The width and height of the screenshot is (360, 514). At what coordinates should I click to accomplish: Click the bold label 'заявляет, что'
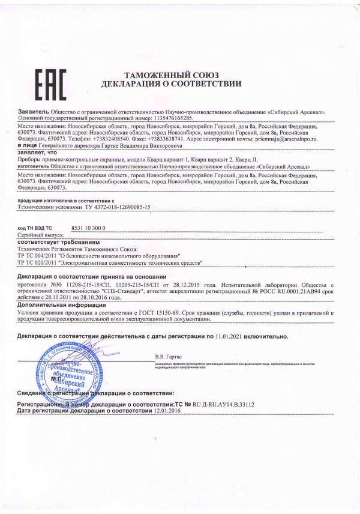[x=35, y=153]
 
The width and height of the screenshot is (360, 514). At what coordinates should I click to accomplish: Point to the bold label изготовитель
[x=35, y=167]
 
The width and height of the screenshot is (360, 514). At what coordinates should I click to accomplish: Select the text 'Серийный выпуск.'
[x=40, y=235]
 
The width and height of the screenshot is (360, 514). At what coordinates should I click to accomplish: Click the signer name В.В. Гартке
[x=168, y=358]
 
